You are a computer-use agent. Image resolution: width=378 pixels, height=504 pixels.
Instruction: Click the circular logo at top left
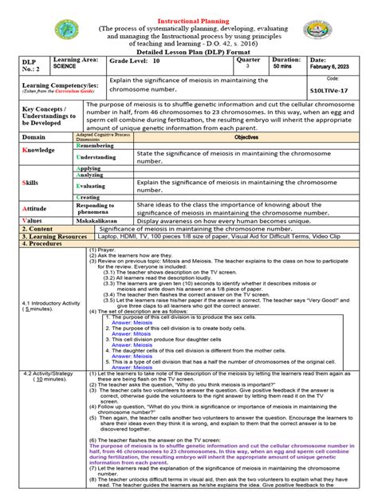(x=67, y=31)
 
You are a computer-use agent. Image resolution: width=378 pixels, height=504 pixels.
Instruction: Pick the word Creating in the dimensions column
(x=89, y=197)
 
